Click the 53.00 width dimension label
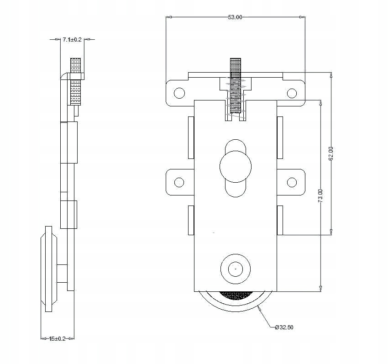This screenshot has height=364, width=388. pyautogui.click(x=235, y=17)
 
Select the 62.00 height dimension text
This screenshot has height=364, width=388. pyautogui.click(x=332, y=153)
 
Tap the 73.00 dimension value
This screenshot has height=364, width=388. pyautogui.click(x=321, y=196)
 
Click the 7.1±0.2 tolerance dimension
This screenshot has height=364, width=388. pyautogui.click(x=72, y=40)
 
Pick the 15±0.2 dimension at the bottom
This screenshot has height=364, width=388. pyautogui.click(x=57, y=338)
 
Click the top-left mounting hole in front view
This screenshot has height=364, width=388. pyautogui.click(x=179, y=93)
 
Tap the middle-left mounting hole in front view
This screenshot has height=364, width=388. pyautogui.click(x=179, y=183)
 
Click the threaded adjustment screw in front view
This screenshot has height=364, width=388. pyautogui.click(x=236, y=87)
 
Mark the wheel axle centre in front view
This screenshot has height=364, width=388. pyautogui.click(x=236, y=269)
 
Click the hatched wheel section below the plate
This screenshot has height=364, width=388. pyautogui.click(x=236, y=296)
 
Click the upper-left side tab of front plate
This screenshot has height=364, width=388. pyautogui.click(x=191, y=137)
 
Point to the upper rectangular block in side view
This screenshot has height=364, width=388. pyautogui.click(x=69, y=142)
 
